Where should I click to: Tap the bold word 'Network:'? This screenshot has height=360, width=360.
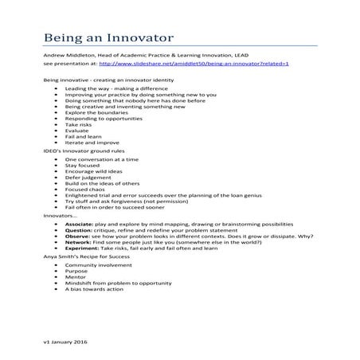click(x=78, y=245)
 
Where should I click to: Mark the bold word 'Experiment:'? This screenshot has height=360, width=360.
click(x=82, y=251)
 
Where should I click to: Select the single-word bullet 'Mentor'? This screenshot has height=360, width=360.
click(x=72, y=280)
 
